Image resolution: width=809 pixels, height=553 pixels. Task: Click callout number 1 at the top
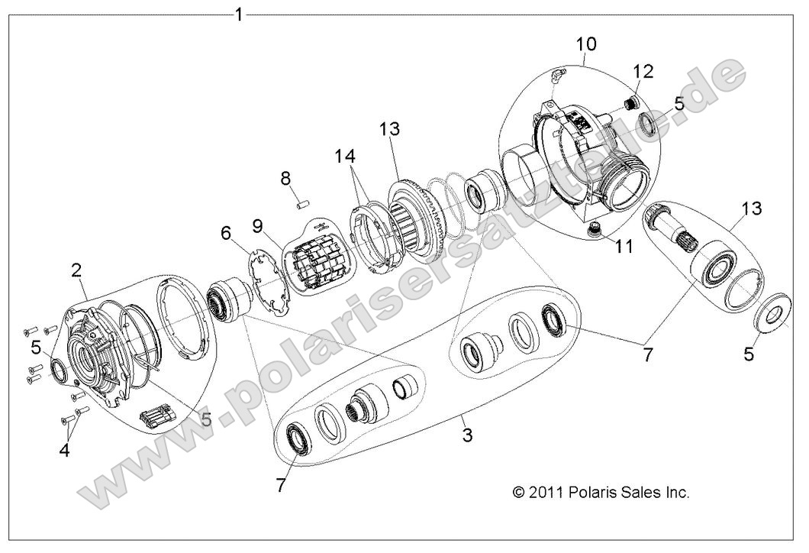tap(239, 15)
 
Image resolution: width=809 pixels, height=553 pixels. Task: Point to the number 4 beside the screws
tap(64, 451)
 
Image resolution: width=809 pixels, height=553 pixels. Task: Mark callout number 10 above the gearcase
tap(587, 43)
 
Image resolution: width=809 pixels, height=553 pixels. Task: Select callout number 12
tap(643, 72)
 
